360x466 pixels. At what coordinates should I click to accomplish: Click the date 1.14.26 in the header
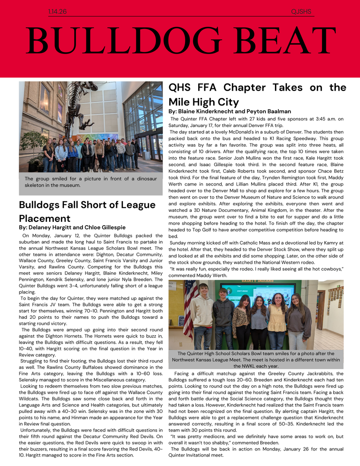click(57, 12)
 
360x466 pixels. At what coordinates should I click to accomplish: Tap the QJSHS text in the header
click(301, 12)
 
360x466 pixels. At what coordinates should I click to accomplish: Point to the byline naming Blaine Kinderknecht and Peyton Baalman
click(230, 111)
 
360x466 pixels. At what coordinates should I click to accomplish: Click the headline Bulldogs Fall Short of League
click(87, 205)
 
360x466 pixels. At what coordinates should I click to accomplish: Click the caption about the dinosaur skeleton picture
click(91, 182)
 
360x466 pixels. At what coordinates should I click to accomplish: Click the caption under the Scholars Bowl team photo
click(256, 359)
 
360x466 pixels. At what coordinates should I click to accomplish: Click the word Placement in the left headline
click(44, 218)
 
